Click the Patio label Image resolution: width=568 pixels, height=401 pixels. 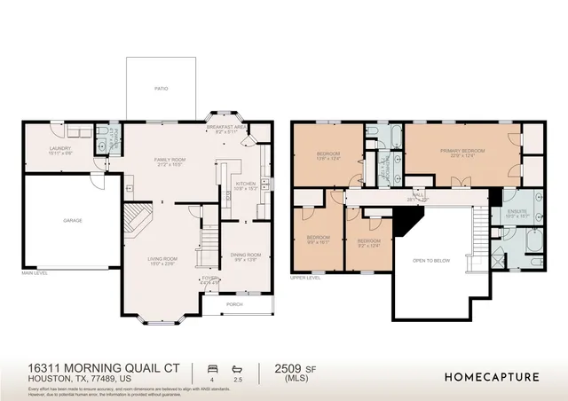pyautogui.click(x=162, y=89)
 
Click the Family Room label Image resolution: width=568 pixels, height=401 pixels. pyautogui.click(x=169, y=161)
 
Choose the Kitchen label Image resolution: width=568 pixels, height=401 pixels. pyautogui.click(x=245, y=185)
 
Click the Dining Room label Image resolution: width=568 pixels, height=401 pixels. pyautogui.click(x=243, y=256)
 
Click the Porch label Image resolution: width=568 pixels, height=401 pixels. pyautogui.click(x=234, y=304)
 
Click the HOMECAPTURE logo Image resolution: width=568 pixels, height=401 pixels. pyautogui.click(x=492, y=376)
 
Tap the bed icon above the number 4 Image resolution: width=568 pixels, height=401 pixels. pyautogui.click(x=211, y=367)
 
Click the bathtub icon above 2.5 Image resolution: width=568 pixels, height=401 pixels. pyautogui.click(x=238, y=367)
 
